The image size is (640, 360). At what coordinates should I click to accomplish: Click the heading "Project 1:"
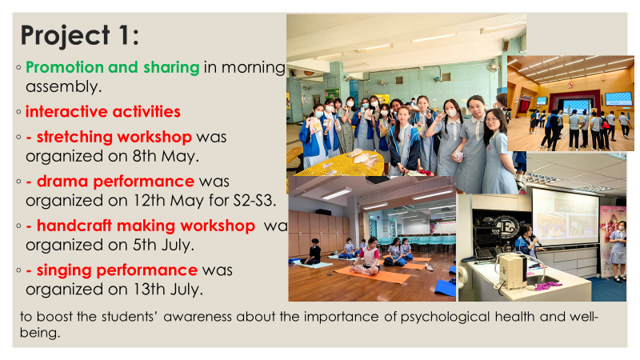(80, 35)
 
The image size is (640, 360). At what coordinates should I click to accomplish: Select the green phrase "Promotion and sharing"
(112, 67)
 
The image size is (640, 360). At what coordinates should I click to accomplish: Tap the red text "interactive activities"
(103, 111)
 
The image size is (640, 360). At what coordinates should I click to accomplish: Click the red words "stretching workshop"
(114, 137)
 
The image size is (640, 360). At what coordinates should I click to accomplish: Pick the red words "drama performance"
(115, 182)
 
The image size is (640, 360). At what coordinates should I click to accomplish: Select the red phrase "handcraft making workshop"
(146, 226)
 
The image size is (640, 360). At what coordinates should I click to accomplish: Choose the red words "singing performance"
(117, 270)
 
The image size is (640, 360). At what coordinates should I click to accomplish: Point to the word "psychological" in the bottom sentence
(445, 317)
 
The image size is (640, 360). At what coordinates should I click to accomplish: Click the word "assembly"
(62, 86)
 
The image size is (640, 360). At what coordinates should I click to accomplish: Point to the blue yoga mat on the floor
(446, 287)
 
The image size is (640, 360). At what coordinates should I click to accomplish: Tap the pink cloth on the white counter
(547, 286)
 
